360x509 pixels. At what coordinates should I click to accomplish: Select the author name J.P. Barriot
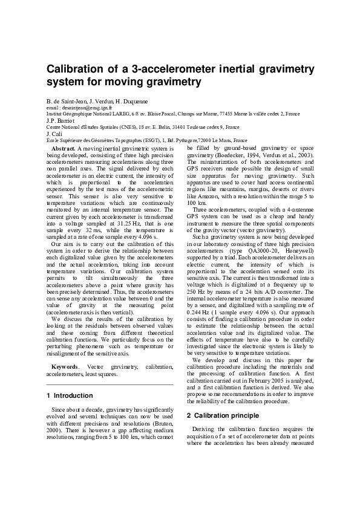coord(60,120)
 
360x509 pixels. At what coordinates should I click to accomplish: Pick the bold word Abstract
coord(64,148)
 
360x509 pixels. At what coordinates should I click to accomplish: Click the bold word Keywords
coord(64,366)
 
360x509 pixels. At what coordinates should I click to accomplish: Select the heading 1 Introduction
coord(70,396)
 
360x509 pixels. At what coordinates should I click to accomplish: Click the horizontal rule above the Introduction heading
coord(110,384)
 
